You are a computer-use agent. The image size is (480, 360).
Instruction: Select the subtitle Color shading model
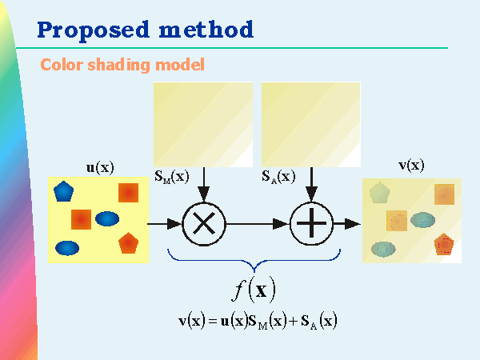(x=122, y=64)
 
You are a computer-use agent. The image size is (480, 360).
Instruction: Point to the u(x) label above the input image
(x=99, y=167)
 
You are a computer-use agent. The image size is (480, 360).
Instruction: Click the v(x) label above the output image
(x=411, y=166)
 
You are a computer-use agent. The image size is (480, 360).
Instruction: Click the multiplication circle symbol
(x=204, y=223)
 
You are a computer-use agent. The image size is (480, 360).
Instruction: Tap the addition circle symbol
(x=312, y=223)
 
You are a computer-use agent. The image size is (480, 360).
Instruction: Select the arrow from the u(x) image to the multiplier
(x=165, y=223)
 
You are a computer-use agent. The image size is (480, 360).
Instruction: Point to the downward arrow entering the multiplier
(x=204, y=185)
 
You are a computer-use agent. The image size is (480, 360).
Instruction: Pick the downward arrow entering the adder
(x=312, y=185)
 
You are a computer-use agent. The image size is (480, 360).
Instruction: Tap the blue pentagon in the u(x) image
(x=63, y=191)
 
